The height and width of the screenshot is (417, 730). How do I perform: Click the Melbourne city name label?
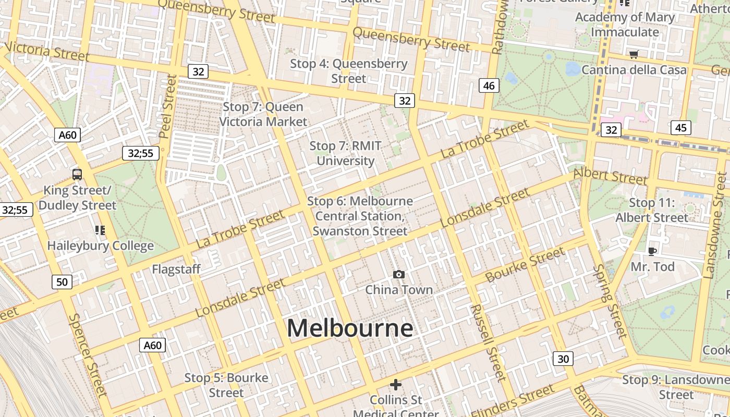(x=350, y=328)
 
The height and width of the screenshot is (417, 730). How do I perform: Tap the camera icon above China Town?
(x=399, y=274)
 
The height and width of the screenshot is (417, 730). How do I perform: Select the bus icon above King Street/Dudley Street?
(x=77, y=174)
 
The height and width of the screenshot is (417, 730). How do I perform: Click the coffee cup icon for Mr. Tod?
(x=652, y=252)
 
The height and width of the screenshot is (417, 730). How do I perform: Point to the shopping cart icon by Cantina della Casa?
(x=634, y=54)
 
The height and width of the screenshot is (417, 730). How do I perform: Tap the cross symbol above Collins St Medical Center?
(x=396, y=385)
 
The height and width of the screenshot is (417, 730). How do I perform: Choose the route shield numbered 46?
(x=489, y=85)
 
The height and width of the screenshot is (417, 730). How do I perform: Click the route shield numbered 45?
(x=681, y=128)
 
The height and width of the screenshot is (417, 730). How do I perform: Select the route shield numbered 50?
(x=62, y=282)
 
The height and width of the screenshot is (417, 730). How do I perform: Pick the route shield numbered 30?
(x=563, y=359)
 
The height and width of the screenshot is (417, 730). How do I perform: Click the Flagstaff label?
(x=176, y=269)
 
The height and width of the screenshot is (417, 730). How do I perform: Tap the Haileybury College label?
(x=101, y=246)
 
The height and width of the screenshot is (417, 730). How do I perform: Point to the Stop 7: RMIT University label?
(x=346, y=153)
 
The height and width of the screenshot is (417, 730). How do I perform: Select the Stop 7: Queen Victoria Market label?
(x=263, y=114)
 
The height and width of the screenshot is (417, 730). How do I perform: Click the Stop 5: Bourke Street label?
(x=226, y=385)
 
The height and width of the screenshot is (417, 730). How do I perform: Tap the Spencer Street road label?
(x=87, y=355)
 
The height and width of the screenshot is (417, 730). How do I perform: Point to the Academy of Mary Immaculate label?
(x=625, y=24)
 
